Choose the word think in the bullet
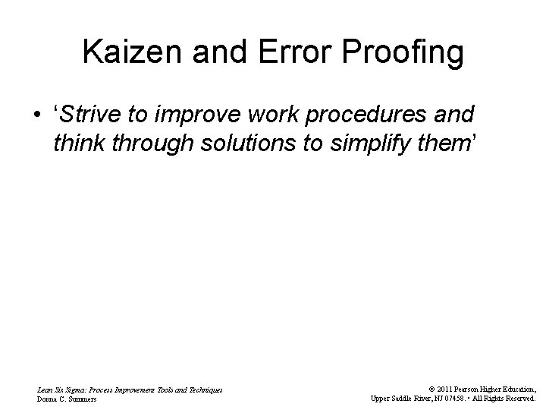79,144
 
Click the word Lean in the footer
45,389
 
